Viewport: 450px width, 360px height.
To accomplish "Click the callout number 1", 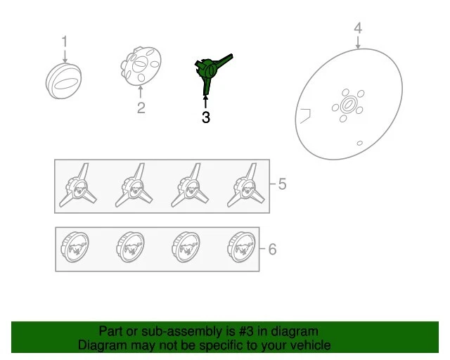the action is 65,41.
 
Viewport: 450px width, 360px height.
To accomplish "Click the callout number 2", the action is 141,108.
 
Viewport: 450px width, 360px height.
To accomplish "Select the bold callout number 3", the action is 206,117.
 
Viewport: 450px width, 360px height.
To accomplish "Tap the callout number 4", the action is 358,28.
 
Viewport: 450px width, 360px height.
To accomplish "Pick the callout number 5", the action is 282,184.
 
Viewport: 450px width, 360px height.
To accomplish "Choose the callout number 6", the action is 272,249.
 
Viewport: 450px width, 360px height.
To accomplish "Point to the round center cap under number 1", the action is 64,82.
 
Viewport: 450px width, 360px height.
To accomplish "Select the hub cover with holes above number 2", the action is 141,66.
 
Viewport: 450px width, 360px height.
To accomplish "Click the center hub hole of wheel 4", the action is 348,105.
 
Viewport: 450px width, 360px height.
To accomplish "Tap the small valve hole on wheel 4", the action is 359,143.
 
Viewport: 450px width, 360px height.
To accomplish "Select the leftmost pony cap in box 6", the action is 75,247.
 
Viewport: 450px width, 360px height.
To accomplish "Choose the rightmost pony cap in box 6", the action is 241,247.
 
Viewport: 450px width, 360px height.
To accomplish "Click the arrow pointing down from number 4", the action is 358,42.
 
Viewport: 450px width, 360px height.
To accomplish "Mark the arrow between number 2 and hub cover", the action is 141,92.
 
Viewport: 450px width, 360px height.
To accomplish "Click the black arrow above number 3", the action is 205,102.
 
